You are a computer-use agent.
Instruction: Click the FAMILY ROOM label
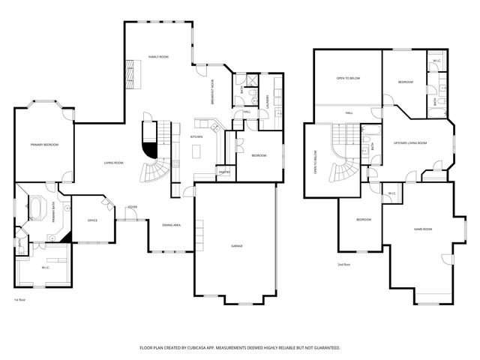[157, 57]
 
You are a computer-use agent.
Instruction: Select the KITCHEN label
[196, 137]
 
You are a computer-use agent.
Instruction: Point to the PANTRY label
[223, 172]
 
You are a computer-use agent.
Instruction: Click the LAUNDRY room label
[268, 99]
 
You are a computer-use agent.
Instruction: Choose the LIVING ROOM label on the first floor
[113, 163]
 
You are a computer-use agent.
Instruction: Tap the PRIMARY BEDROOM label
[44, 144]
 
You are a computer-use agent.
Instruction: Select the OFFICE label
[92, 220]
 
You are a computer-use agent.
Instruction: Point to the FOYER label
[132, 206]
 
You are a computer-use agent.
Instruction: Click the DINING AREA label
[172, 225]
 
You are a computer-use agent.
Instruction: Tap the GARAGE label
[236, 246]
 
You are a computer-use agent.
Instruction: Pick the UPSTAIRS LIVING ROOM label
[410, 142]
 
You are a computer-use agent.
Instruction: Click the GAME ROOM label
[423, 229]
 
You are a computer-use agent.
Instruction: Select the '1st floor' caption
[20, 299]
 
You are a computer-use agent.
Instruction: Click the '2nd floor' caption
[344, 264]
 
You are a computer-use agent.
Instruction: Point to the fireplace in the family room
[132, 73]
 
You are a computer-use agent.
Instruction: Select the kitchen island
[197, 151]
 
